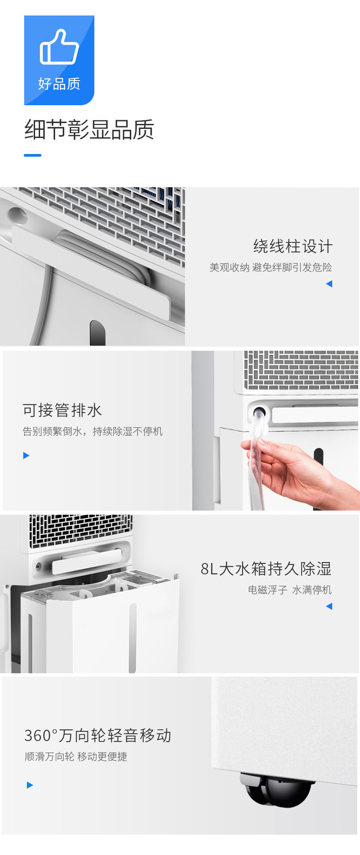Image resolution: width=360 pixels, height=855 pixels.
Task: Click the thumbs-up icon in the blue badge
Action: coord(59,47)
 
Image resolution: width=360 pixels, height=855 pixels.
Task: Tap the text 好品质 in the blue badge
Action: coord(59,84)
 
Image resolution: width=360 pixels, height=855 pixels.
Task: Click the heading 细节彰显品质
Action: coord(89,129)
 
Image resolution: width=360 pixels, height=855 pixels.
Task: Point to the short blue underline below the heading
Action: coord(32,155)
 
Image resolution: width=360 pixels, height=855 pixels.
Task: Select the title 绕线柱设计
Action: coord(293,246)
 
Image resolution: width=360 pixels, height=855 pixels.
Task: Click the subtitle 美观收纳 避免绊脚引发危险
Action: coord(271,267)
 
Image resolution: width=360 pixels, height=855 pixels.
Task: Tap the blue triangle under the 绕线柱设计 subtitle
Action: coord(329,284)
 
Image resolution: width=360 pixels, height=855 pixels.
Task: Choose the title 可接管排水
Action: coord(62,410)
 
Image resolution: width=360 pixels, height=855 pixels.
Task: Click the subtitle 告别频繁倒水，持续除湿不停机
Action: coord(93,431)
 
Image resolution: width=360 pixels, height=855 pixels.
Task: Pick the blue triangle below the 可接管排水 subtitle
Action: coord(26,456)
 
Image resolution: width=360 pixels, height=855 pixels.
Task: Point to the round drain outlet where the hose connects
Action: coord(259,414)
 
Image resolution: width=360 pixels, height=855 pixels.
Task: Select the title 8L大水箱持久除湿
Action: coord(266,568)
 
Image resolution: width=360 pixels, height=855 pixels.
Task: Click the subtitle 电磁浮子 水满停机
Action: coord(290,590)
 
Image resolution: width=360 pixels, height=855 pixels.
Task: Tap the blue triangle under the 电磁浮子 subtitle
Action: coord(329,606)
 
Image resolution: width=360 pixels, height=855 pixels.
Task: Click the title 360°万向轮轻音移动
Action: coord(98,735)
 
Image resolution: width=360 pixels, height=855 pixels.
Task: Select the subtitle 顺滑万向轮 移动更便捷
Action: coord(76,757)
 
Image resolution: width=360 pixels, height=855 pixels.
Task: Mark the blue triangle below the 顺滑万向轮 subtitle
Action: coord(30,785)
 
